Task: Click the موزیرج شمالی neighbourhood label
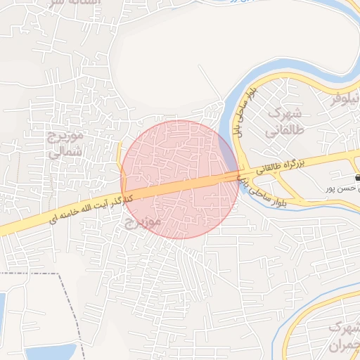tap(64, 142)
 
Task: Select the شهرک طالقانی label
tap(283, 122)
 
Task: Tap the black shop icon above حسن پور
tap(351, 178)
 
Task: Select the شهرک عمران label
tap(342, 337)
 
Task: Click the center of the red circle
tap(180, 179)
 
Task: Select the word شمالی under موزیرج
tap(67, 150)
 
